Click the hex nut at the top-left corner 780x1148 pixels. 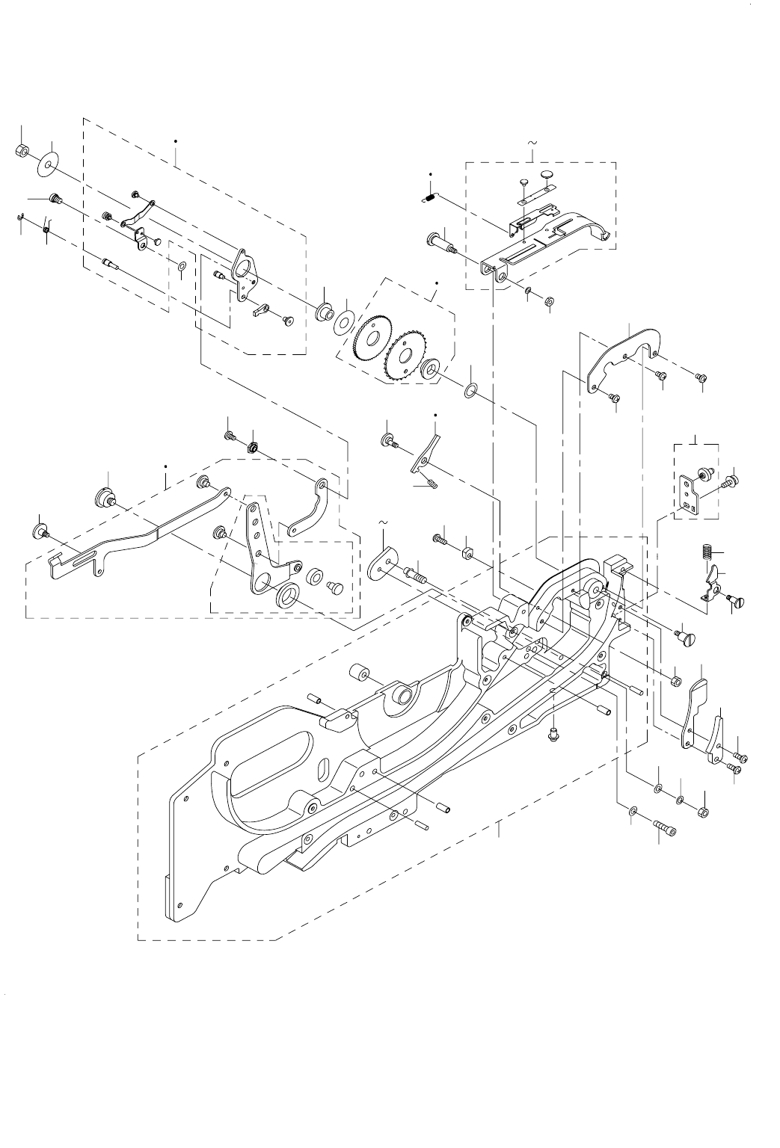click(22, 152)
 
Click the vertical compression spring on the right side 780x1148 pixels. click(703, 555)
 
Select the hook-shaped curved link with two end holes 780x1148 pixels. click(307, 508)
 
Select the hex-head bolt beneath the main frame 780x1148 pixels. click(554, 735)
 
